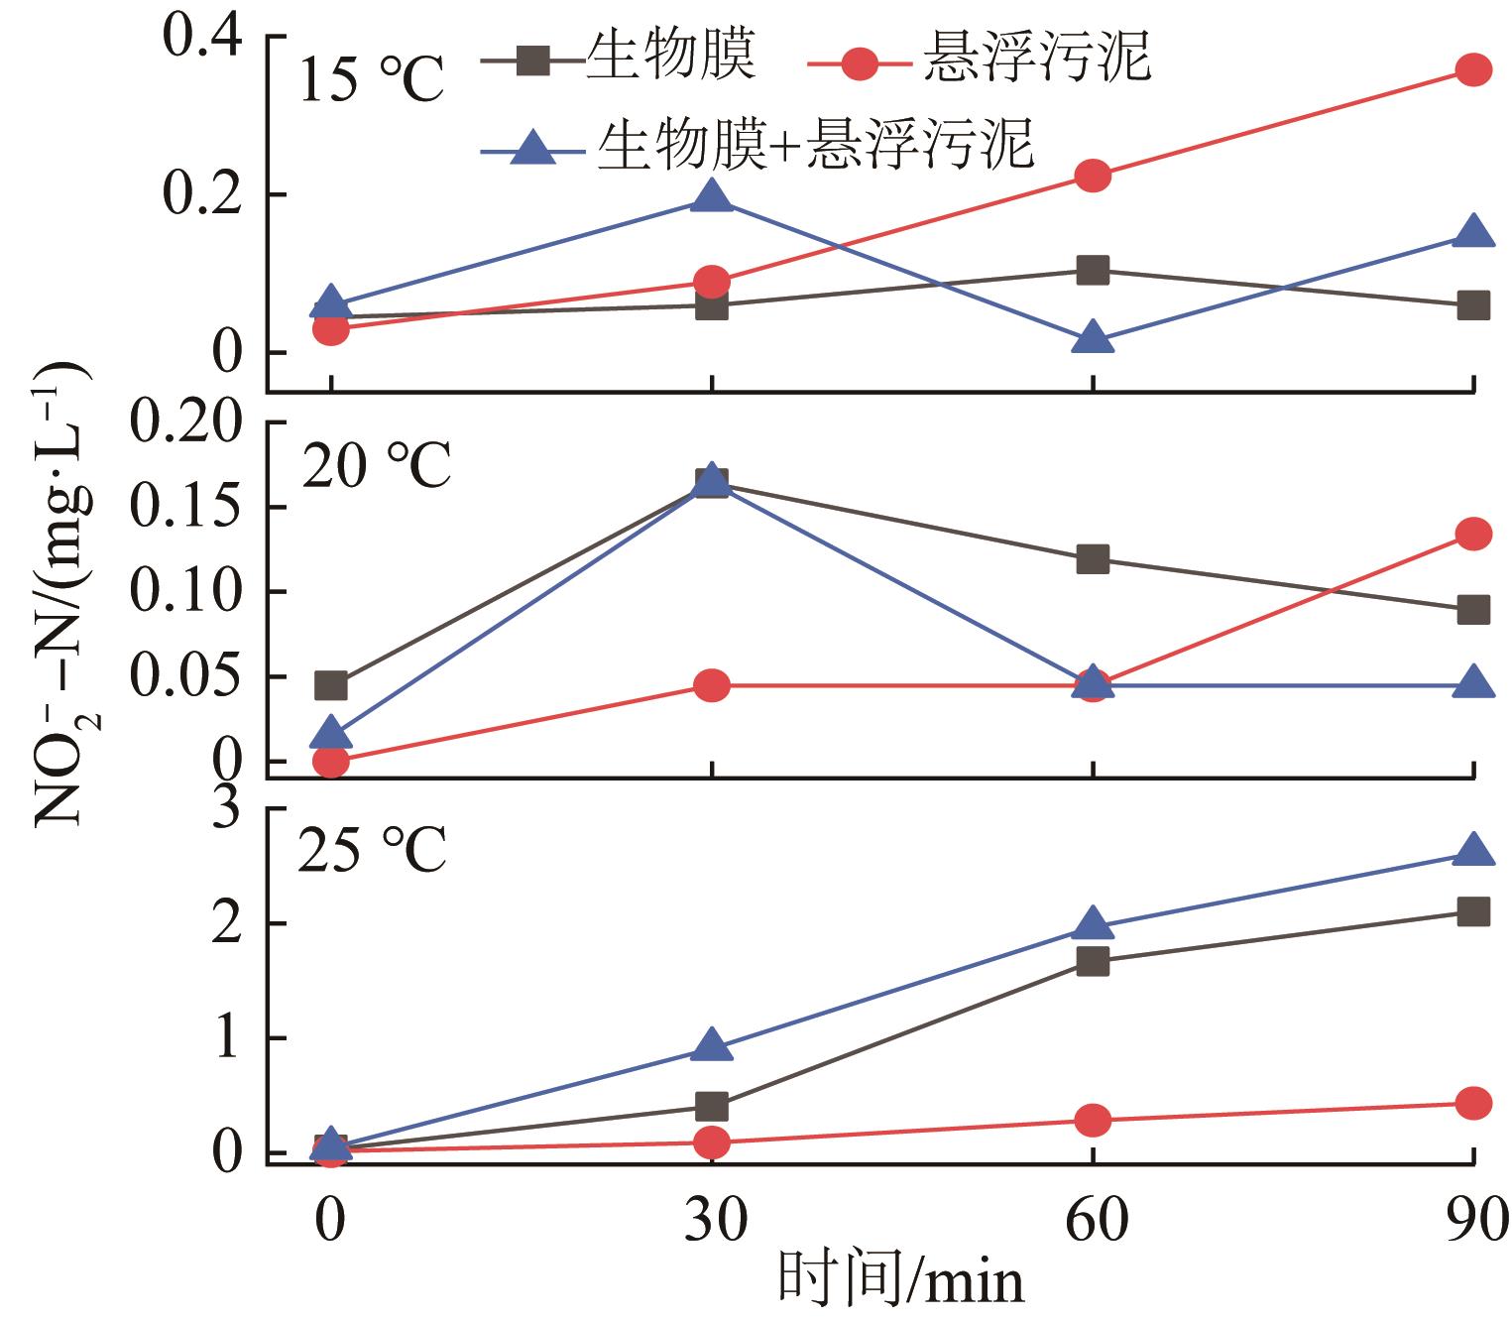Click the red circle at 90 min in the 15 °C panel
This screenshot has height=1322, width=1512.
point(1473,69)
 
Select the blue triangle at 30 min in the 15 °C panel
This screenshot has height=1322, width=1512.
point(712,196)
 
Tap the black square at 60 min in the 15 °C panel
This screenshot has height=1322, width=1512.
point(1093,270)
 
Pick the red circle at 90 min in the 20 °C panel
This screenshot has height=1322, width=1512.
point(1473,535)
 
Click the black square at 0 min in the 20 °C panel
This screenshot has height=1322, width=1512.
point(331,685)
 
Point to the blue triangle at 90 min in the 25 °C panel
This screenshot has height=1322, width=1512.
point(1473,851)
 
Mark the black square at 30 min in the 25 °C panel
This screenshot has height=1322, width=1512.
point(712,1106)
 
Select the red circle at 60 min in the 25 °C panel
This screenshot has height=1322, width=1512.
point(1093,1121)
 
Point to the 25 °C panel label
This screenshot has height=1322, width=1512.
point(372,850)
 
